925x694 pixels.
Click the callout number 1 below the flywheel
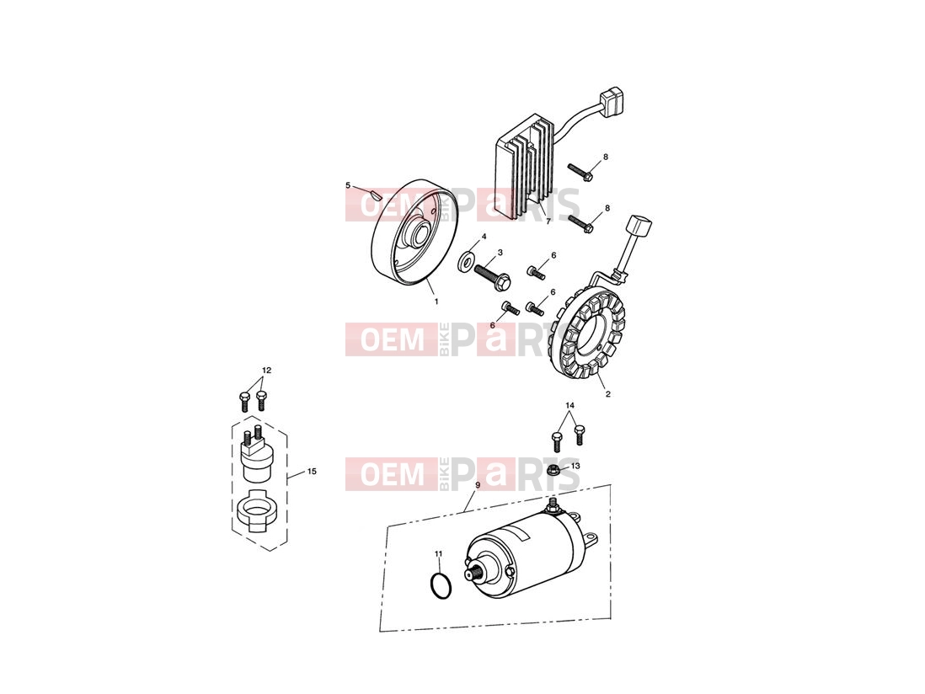436,302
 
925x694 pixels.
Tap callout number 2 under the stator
608,394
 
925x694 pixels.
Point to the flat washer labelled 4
468,259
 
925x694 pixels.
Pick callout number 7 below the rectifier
548,222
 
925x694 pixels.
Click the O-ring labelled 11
440,585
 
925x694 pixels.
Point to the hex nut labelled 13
553,470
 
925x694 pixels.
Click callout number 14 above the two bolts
569,406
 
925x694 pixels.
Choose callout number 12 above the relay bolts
267,371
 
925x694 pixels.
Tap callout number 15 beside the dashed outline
312,471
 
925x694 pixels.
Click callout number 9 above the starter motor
478,484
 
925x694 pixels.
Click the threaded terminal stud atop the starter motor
553,504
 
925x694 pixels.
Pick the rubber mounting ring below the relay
257,509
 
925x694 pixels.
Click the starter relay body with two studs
257,456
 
